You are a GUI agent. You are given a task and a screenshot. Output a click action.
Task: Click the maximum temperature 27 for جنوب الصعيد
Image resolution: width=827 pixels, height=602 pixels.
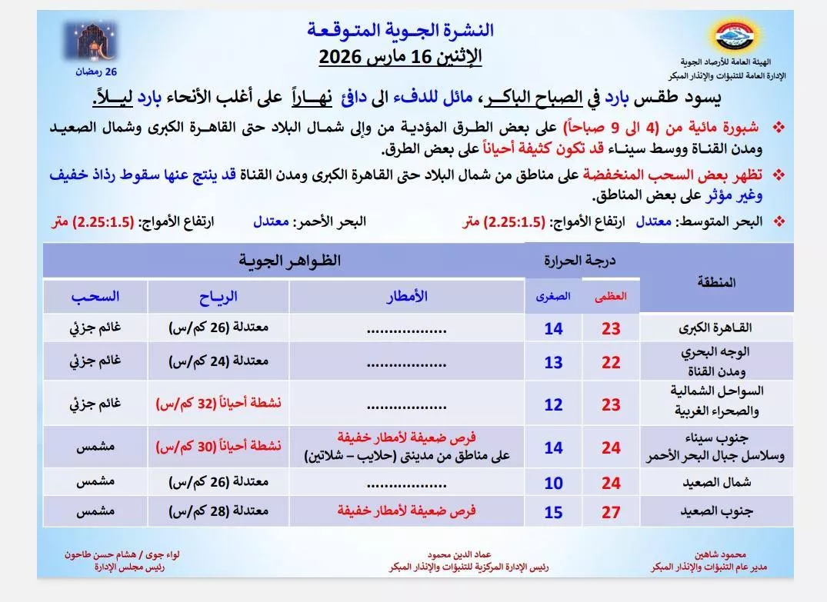click(611, 512)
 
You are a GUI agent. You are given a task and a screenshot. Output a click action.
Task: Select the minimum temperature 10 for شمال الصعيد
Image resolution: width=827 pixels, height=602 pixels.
click(553, 483)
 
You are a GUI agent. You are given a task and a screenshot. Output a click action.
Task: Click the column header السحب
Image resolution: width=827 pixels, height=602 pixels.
click(95, 297)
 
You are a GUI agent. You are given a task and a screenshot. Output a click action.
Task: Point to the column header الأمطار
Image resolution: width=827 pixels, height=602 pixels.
click(407, 297)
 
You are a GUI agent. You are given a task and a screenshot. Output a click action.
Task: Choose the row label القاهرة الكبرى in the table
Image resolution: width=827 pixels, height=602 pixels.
click(707, 328)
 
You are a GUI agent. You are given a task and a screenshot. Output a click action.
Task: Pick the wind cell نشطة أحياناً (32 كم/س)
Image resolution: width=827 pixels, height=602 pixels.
click(218, 402)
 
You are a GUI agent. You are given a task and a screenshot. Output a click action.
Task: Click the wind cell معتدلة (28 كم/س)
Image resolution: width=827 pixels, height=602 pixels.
click(218, 511)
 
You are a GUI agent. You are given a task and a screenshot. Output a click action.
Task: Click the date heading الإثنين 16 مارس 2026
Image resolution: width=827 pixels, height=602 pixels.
click(400, 56)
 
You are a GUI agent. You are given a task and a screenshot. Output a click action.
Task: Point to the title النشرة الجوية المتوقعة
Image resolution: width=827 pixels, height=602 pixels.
click(400, 31)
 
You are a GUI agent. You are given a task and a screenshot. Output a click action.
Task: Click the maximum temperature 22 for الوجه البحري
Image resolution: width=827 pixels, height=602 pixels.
click(611, 361)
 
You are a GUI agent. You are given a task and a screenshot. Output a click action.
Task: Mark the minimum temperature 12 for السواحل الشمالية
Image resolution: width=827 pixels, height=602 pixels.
click(553, 404)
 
